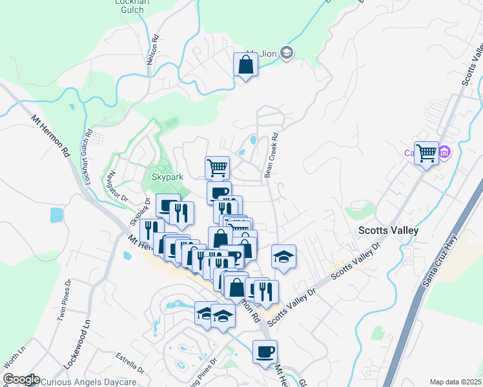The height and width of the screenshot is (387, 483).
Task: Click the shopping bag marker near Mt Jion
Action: tap(245, 65)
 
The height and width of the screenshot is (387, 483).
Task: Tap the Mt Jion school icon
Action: tap(287, 53)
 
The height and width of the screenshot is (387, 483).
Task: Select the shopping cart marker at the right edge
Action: tap(426, 154)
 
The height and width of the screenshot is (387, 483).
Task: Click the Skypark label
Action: tap(167, 177)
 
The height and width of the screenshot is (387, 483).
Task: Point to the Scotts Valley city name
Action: tap(389, 230)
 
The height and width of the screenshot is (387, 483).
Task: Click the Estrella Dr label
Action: tap(130, 361)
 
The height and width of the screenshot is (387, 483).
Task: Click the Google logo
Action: tap(21, 380)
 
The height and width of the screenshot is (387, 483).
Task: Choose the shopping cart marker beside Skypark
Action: tap(218, 168)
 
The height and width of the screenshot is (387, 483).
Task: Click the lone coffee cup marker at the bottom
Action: tap(265, 352)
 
